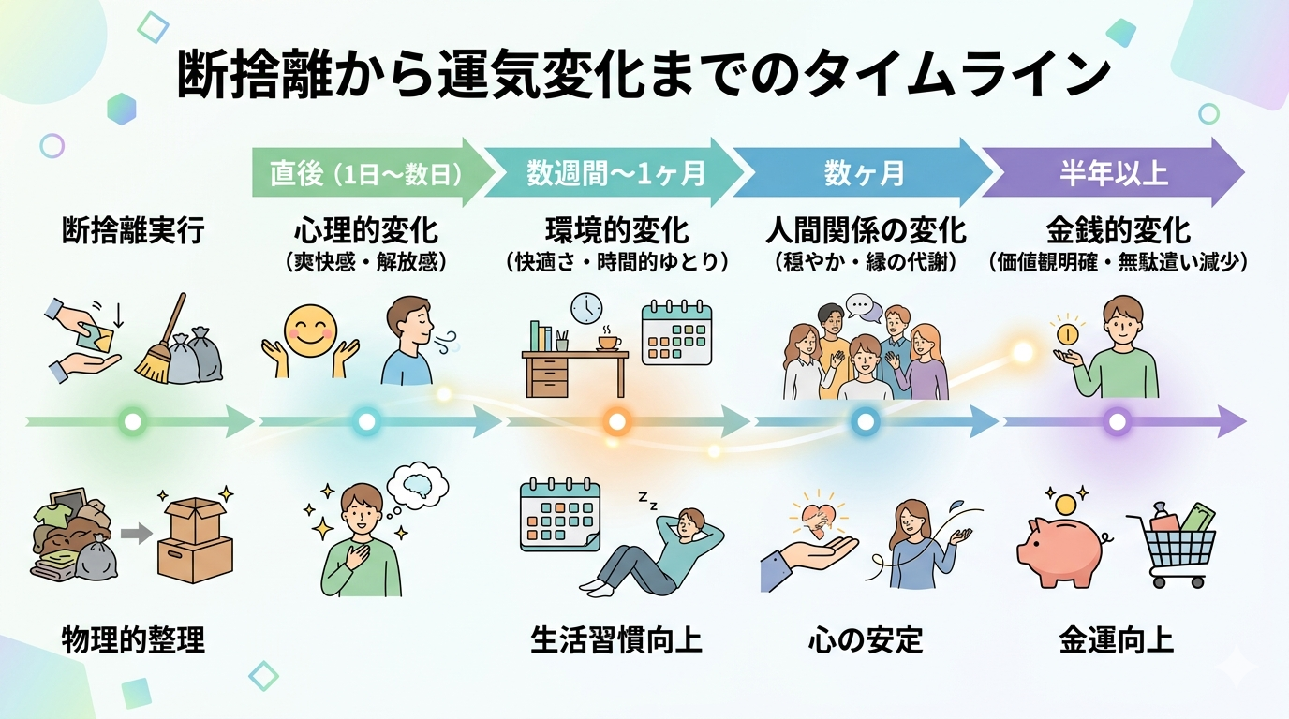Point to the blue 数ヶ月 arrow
point(863,173)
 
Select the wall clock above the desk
point(585,308)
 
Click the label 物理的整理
point(133,641)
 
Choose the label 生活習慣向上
point(616,641)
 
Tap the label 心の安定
point(865,641)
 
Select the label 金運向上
point(1116,641)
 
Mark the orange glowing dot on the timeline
point(616,422)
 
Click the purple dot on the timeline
point(1116,422)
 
